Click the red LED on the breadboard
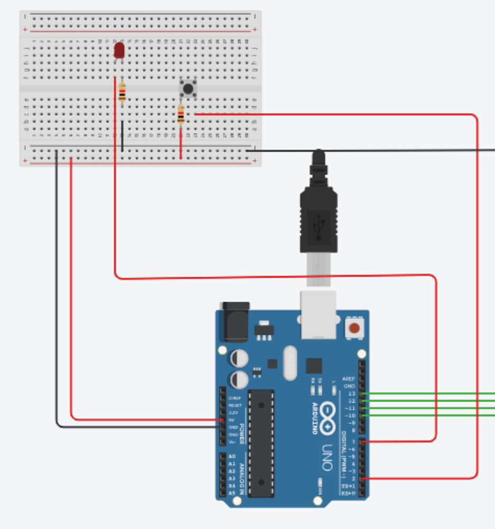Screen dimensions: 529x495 click(119, 51)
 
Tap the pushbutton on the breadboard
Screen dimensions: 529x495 click(188, 88)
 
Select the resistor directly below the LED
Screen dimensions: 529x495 click(122, 93)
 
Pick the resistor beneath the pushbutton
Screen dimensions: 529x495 click(181, 114)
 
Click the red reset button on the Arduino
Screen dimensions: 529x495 click(354, 329)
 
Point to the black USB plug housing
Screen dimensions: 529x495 click(318, 222)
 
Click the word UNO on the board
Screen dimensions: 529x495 click(327, 456)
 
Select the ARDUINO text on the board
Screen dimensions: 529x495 click(315, 418)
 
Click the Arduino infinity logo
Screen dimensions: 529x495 click(328, 418)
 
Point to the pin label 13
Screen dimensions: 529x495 click(352, 394)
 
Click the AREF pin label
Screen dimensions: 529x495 click(349, 379)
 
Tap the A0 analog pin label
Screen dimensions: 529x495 click(232, 455)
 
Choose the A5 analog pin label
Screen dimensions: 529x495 click(232, 492)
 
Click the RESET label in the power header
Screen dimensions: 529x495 click(235, 405)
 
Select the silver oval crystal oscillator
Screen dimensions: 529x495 click(290, 363)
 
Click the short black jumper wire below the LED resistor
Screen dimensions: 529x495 click(122, 136)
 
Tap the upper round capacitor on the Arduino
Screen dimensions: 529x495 click(239, 358)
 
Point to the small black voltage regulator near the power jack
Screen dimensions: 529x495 click(264, 331)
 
